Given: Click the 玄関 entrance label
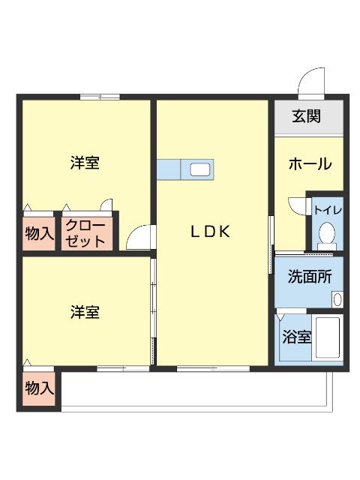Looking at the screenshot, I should (x=307, y=116).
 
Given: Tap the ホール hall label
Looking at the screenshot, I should (x=310, y=163).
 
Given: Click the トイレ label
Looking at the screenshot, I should (x=327, y=210).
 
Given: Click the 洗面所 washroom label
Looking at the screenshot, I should (x=309, y=276).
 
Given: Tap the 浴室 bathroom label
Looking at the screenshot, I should (x=295, y=337).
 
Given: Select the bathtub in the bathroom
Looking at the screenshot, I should (x=327, y=337).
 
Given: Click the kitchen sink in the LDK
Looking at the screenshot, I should (x=199, y=169).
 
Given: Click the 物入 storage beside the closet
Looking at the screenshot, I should (x=39, y=233).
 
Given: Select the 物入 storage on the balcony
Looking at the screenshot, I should (x=39, y=388).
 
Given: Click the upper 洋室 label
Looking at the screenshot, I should (x=85, y=163).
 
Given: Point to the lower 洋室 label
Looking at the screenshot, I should (x=85, y=313).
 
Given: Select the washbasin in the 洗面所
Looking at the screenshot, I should (x=337, y=299).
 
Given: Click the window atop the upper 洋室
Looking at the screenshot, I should (x=100, y=97).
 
